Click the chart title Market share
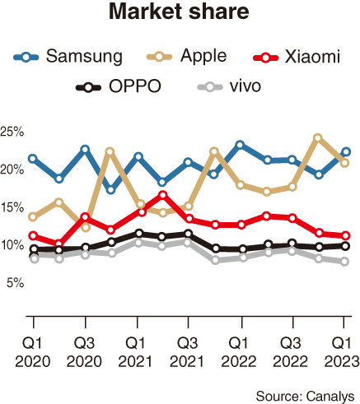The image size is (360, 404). click(180, 15)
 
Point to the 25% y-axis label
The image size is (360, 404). click(13, 132)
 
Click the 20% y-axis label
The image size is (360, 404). click(13, 169)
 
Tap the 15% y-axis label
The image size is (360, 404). click(13, 207)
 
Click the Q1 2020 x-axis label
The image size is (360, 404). click(33, 350)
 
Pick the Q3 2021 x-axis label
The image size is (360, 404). click(188, 350)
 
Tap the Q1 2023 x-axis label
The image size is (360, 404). click(344, 350)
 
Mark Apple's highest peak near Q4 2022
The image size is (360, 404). click(318, 138)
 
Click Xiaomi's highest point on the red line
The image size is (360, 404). click(163, 195)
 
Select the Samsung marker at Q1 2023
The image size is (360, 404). click(346, 151)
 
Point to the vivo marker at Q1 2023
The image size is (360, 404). click(346, 262)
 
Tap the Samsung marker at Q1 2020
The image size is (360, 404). click(33, 158)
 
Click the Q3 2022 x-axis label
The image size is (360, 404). click(292, 350)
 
